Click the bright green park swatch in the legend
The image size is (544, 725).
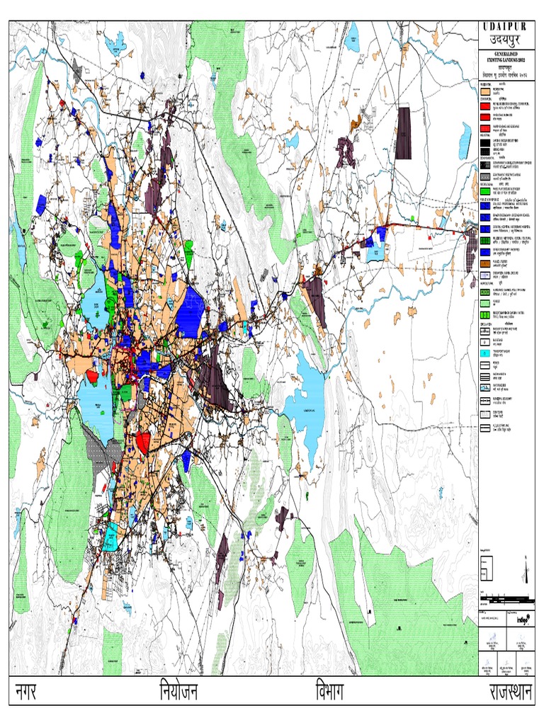[485, 190]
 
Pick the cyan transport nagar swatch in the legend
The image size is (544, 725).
[485, 352]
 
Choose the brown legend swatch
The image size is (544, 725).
[485, 263]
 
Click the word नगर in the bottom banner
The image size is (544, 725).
[25, 693]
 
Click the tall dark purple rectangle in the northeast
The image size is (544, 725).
[403, 132]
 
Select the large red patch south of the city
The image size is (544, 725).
[142, 443]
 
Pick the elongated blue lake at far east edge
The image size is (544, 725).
[464, 141]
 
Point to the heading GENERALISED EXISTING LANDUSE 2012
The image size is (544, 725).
[504, 59]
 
